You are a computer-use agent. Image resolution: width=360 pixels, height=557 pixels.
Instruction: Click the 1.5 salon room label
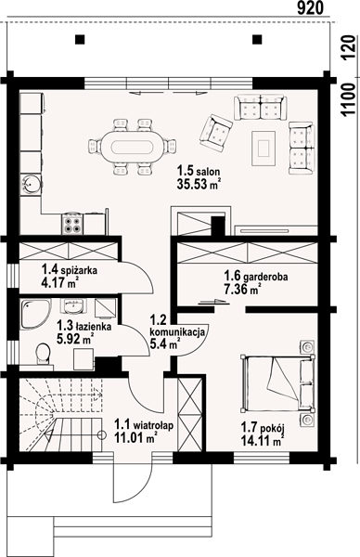(199, 172)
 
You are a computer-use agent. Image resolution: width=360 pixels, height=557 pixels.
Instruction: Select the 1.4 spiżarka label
(70, 270)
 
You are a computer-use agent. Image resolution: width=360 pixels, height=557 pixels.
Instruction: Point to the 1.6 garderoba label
(256, 276)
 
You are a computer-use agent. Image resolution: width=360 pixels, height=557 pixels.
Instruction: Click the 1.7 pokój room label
(264, 427)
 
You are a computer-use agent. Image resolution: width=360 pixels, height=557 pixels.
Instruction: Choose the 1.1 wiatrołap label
(144, 424)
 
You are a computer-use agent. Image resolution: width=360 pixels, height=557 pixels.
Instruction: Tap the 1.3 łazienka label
(84, 326)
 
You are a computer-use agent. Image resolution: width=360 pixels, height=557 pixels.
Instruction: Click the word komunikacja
(177, 332)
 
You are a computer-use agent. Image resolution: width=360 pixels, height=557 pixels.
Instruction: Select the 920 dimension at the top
(310, 7)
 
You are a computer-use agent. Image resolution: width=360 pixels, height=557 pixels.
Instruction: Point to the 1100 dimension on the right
(349, 99)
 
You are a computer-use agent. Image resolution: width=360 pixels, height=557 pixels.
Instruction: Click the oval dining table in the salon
(133, 147)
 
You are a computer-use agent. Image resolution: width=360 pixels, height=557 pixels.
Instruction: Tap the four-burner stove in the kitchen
(72, 225)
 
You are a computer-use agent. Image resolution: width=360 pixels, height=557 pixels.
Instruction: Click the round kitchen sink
(31, 184)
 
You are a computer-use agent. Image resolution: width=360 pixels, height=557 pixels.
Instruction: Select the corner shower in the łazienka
(34, 314)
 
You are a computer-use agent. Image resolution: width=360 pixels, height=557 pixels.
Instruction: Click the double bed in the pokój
(277, 383)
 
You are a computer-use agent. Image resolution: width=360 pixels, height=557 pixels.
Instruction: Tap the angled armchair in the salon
(216, 132)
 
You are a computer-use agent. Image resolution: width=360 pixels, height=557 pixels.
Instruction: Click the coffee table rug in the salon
(264, 148)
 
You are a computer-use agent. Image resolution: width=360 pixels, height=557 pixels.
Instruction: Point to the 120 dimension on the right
(349, 48)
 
